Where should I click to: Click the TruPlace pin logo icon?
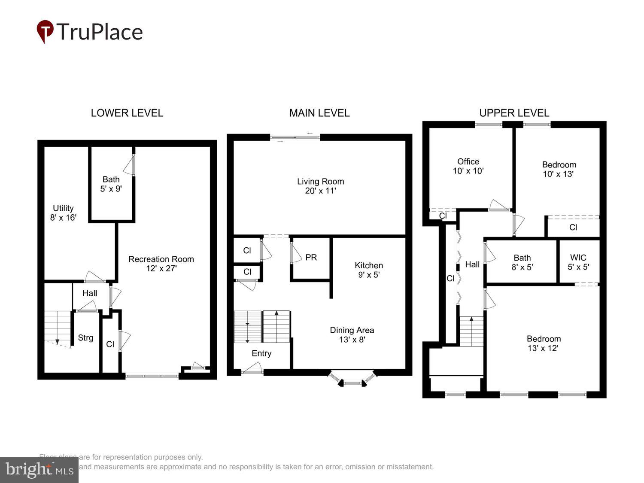45,31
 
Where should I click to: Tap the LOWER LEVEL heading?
127,113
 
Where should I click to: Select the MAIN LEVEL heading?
319,113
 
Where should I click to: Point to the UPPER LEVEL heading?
514,113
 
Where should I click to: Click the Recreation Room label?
161,264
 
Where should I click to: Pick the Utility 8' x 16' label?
63,213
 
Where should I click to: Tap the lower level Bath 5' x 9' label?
111,184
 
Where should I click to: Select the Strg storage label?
85,338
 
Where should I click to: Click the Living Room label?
320,186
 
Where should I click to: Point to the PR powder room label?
311,258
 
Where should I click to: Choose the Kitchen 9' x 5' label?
368,270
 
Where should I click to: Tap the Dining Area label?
352,334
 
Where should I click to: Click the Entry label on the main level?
261,353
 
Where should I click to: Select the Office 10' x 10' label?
468,166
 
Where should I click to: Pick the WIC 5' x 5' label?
578,262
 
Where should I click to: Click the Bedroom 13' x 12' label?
544,343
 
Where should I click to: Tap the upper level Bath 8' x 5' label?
522,262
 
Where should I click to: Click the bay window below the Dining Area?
352,380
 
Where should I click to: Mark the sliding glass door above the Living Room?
295,137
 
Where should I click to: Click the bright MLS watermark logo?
39,470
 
